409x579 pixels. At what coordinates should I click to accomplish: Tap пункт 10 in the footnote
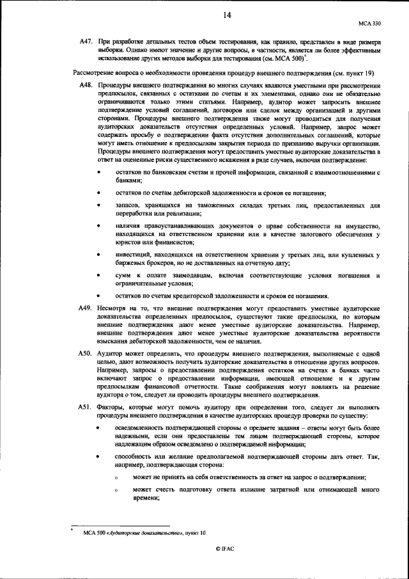pos(196,532)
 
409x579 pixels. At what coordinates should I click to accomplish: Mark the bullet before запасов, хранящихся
pos(98,205)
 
